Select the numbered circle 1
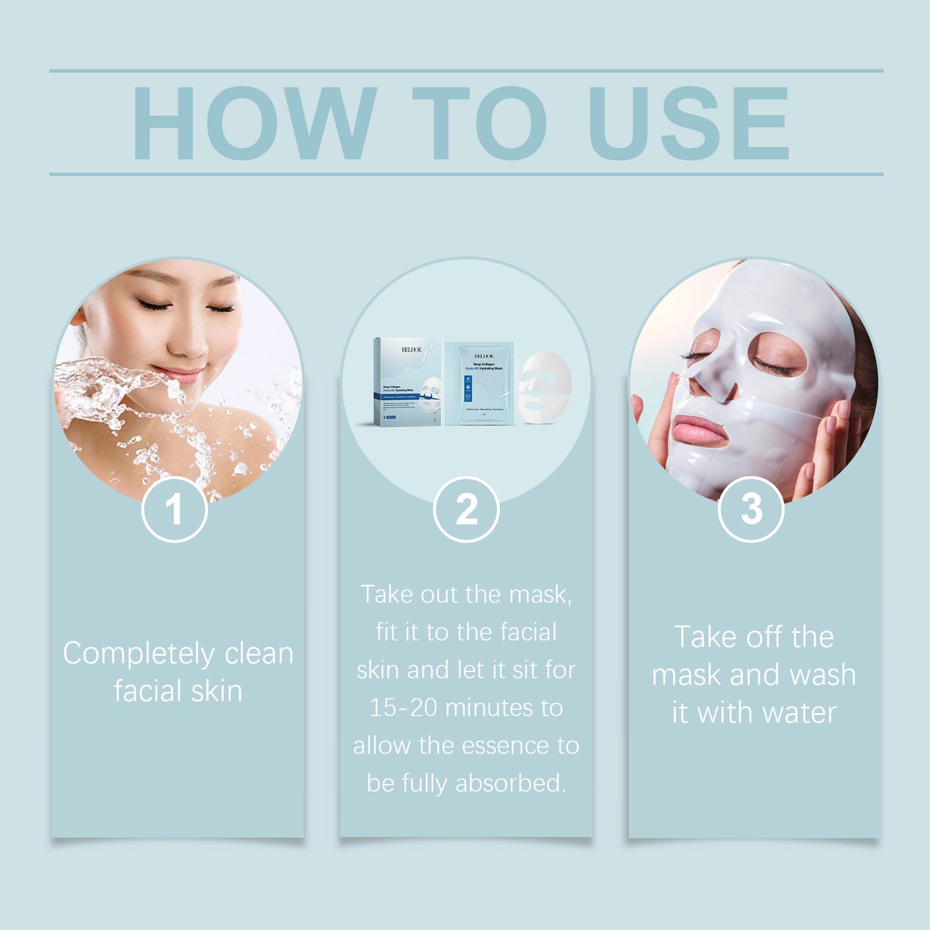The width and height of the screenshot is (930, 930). point(174,510)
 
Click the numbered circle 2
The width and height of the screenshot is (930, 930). point(466,510)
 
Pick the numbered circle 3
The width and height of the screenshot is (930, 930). point(750,510)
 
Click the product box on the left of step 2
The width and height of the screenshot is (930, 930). point(407,381)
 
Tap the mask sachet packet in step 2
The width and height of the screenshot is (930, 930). point(479,384)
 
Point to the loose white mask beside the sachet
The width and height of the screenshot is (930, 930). point(544,387)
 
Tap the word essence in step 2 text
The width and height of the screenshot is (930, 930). point(509,746)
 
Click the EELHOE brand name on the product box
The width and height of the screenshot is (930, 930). point(412,349)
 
